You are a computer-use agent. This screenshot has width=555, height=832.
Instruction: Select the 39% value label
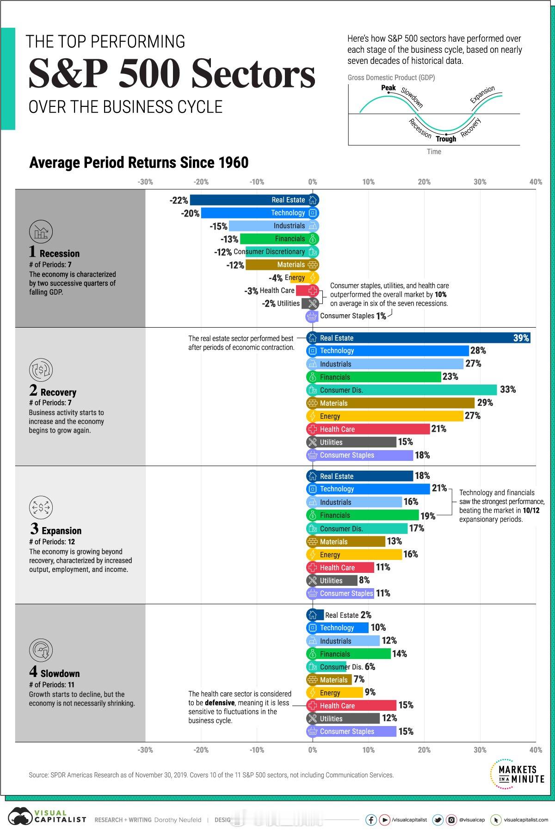(x=521, y=338)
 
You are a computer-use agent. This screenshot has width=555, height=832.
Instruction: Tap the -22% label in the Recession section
(x=179, y=200)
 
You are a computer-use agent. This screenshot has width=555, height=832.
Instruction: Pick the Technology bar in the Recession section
(x=254, y=213)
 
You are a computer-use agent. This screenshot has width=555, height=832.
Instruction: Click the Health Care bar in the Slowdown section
(x=351, y=706)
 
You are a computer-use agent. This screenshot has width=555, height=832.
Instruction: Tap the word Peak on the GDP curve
(x=388, y=88)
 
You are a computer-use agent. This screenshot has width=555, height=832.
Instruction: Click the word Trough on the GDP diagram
(x=446, y=139)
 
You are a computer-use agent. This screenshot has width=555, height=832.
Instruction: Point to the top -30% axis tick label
(x=145, y=182)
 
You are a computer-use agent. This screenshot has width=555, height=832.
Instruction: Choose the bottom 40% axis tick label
(x=536, y=750)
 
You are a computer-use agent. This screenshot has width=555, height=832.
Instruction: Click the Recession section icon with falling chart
(x=41, y=232)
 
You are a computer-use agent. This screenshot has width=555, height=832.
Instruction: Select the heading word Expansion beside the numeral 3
(x=61, y=531)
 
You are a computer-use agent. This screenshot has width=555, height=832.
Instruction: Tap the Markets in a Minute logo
(x=517, y=774)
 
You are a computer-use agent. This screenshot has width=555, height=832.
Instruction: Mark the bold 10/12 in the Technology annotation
(x=531, y=510)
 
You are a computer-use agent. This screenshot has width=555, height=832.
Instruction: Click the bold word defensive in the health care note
(x=220, y=702)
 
